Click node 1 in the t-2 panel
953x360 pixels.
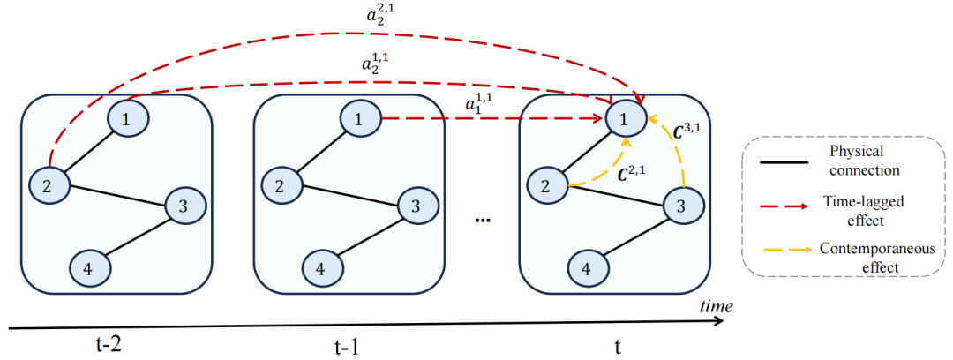126,118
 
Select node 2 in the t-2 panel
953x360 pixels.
49,184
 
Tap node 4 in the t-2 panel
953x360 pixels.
88,267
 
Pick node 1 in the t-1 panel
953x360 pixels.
359,118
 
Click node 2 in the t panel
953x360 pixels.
547,184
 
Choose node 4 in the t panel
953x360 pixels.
587,267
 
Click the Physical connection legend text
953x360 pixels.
863,160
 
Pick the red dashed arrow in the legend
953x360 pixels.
784,206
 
